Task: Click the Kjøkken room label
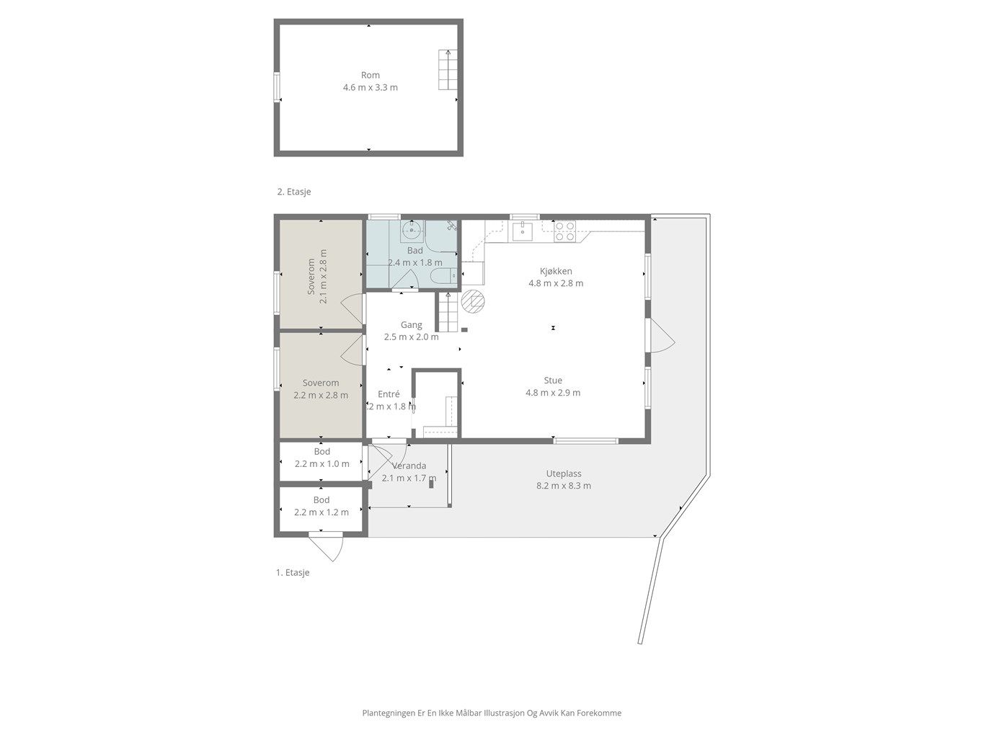click(555, 271)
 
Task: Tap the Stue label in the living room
click(553, 381)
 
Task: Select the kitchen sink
click(522, 231)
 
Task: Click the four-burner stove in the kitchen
click(565, 231)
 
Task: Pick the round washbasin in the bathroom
click(412, 231)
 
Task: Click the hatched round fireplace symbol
click(473, 301)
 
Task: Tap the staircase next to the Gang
click(448, 312)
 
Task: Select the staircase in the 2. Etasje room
click(448, 69)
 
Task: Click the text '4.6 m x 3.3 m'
click(371, 87)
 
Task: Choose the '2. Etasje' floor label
click(294, 192)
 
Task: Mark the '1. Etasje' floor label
click(293, 573)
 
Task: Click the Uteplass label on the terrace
click(564, 474)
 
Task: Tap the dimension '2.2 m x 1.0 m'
click(322, 463)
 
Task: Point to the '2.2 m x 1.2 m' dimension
click(322, 512)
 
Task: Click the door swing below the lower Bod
click(327, 546)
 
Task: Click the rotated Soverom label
click(311, 277)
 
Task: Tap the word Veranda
click(409, 466)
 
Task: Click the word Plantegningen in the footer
click(389, 713)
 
